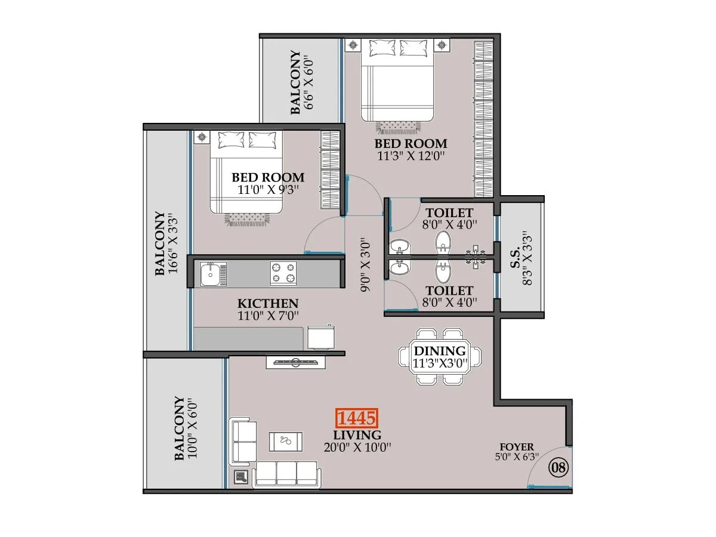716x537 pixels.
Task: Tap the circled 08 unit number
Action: [x=558, y=467]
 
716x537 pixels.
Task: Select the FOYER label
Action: [x=517, y=447]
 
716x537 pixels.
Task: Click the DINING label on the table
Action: [x=440, y=351]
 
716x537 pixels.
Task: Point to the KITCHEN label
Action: [x=267, y=304]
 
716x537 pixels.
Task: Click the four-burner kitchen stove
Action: [x=283, y=273]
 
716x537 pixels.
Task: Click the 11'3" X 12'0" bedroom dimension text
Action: [x=412, y=156]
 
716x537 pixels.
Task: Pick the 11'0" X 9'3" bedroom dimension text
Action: [x=268, y=190]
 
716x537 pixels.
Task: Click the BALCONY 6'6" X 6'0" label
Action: [x=301, y=82]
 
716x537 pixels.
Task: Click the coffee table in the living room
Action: [x=286, y=442]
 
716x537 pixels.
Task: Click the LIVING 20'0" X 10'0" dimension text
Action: [x=358, y=446]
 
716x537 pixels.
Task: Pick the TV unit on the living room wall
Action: [x=295, y=362]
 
